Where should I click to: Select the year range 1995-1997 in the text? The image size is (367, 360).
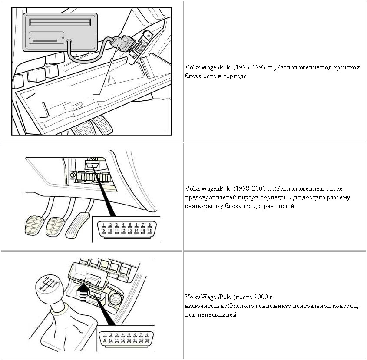(249, 68)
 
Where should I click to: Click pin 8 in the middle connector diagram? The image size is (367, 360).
(149, 225)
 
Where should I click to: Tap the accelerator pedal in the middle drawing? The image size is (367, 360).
(79, 224)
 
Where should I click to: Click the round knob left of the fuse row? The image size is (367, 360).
(72, 175)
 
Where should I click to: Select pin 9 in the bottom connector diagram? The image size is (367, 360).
(105, 341)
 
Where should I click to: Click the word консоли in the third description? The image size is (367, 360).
(344, 306)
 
